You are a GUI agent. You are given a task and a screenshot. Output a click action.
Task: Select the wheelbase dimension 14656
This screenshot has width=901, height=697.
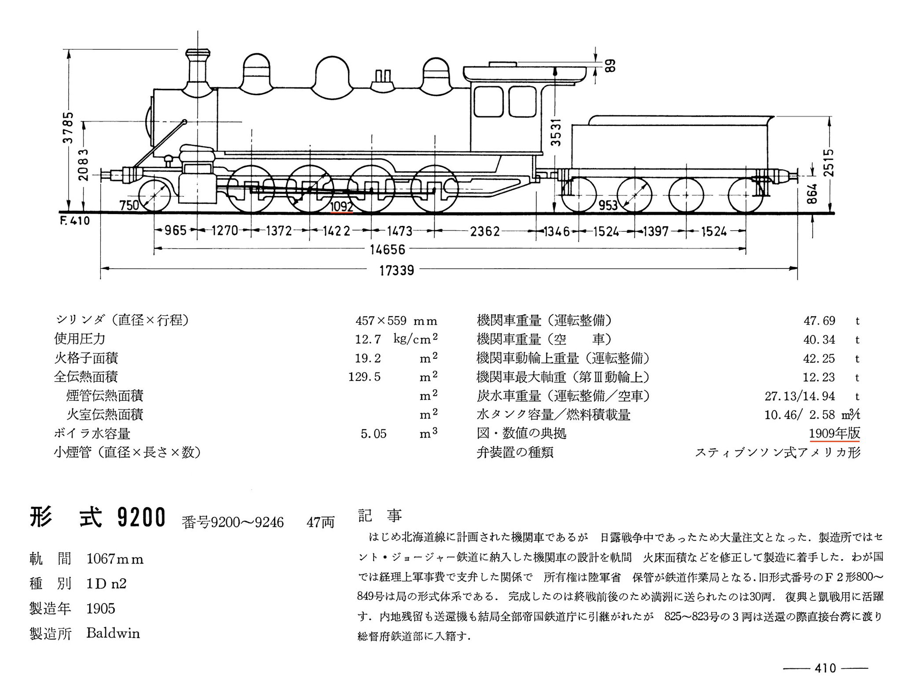[x=387, y=250]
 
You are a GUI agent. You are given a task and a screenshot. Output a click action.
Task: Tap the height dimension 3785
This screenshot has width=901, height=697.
[x=68, y=128]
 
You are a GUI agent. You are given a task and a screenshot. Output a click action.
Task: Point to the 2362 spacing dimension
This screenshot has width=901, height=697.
[x=484, y=231]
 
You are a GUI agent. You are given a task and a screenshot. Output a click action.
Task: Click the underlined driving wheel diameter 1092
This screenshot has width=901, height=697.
[x=342, y=206]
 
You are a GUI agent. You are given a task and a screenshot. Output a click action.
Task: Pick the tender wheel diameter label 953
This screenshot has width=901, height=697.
[x=608, y=205]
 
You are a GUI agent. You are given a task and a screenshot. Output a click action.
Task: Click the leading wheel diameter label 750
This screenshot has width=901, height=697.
[x=129, y=205]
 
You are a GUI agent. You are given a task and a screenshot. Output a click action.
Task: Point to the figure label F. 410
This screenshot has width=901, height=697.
[x=74, y=221]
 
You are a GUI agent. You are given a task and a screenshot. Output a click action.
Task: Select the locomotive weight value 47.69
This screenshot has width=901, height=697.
[x=819, y=321]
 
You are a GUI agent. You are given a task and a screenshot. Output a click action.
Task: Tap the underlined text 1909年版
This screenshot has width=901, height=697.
[x=834, y=433]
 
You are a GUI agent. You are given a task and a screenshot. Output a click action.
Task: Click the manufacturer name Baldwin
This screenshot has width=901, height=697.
[x=113, y=633]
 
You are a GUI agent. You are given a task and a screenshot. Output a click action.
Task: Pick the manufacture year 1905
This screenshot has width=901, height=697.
[x=101, y=608]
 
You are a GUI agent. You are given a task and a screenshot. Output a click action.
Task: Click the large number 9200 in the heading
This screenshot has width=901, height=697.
[x=141, y=517]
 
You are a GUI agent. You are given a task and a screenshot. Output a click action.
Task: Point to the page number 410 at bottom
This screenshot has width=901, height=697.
[x=825, y=668]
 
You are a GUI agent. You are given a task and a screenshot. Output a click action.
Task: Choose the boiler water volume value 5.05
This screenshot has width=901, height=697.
[x=374, y=434]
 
